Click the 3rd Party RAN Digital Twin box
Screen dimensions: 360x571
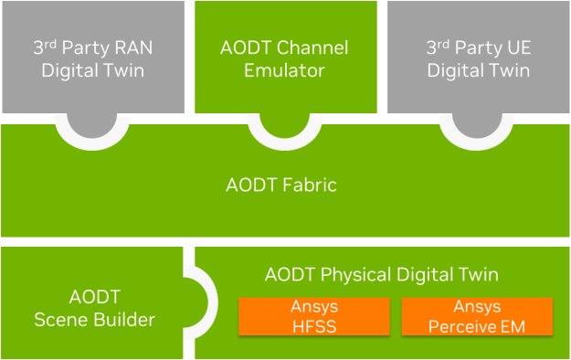click(92, 57)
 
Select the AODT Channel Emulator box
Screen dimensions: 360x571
click(285, 57)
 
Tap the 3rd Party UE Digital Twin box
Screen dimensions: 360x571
click(479, 57)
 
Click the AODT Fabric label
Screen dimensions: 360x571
click(281, 185)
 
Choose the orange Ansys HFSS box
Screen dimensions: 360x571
click(313, 317)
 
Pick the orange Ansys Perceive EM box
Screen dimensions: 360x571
click(477, 317)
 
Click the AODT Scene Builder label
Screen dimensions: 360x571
click(94, 308)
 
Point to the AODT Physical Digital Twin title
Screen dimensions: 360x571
click(381, 274)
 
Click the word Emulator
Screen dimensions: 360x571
click(285, 69)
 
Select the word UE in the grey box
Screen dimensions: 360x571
click(519, 47)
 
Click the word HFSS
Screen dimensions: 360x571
click(313, 326)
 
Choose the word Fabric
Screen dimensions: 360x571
click(312, 185)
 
